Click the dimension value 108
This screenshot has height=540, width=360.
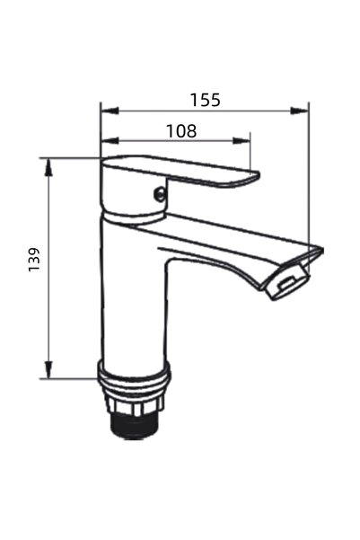[x=181, y=129]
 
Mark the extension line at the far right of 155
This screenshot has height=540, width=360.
[x=308, y=180]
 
